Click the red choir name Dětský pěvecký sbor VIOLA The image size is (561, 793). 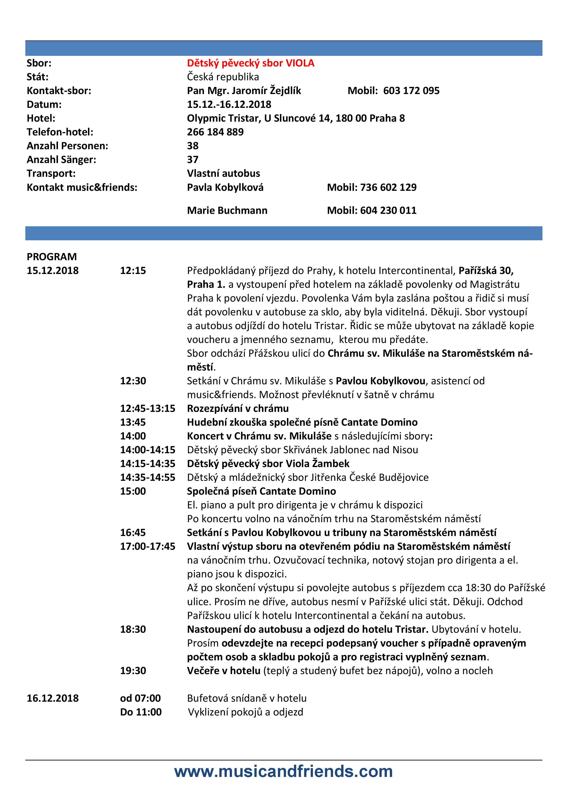point(251,63)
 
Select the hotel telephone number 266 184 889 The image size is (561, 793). point(215,132)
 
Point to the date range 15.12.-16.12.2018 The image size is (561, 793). point(229,104)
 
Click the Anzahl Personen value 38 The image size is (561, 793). point(193,146)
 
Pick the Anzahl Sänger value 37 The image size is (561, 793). point(193,160)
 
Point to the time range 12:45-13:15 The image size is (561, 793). point(147,408)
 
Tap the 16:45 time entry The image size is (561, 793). point(133,533)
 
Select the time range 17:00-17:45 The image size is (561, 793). point(147,546)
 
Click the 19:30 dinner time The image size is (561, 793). point(133,670)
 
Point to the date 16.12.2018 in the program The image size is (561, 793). point(52,698)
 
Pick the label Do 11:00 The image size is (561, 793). point(141,712)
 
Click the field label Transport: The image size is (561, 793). point(51,173)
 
